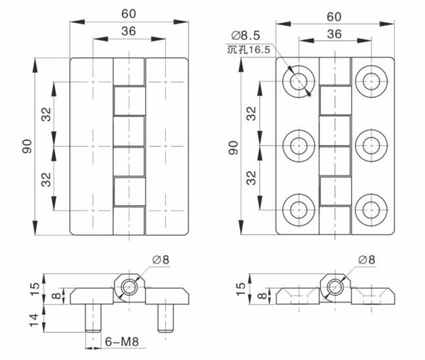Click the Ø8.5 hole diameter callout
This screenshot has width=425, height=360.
click(246, 36)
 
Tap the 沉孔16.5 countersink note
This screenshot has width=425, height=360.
click(249, 50)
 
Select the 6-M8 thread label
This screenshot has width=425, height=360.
click(122, 342)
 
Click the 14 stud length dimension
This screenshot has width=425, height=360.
click(34, 320)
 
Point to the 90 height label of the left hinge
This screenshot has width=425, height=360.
click(27, 146)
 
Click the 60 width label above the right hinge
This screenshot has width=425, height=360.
click(334, 17)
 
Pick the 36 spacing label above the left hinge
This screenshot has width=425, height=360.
click(128, 31)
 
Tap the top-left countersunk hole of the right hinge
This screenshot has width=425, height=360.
click(299, 81)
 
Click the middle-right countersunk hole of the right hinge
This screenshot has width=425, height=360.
click(371, 146)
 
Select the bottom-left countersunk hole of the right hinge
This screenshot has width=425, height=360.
click(299, 210)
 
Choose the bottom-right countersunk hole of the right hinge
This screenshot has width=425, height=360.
click(371, 210)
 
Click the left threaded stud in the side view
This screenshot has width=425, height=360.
click(93, 318)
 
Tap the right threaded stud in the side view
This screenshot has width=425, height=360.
click(165, 318)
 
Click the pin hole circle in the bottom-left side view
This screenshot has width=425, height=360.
click(129, 287)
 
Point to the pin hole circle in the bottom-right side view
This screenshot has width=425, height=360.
click(335, 287)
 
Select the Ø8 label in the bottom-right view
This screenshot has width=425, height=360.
click(366, 260)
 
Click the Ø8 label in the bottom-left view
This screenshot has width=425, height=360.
click(161, 260)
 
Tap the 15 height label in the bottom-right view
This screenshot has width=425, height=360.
click(241, 289)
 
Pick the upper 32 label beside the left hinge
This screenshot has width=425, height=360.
click(46, 114)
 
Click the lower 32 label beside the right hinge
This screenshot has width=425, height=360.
click(251, 178)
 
